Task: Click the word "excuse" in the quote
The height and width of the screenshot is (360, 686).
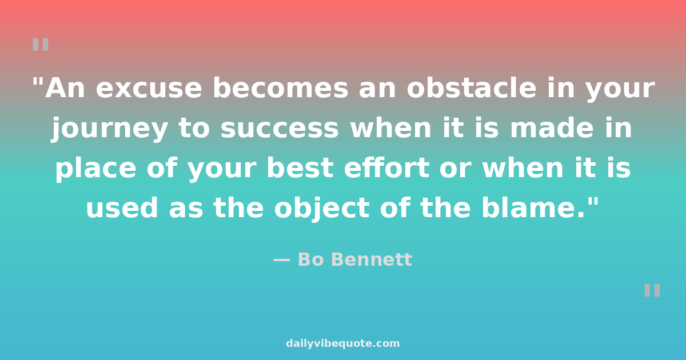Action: [149, 89]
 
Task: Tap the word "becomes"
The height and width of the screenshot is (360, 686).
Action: [281, 87]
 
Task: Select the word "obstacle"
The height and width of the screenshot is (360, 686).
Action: [472, 87]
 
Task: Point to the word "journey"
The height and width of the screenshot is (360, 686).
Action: [110, 129]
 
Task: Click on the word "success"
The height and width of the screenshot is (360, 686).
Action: [280, 129]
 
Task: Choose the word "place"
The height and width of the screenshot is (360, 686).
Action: [96, 169]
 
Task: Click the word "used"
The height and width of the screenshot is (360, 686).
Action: [122, 207]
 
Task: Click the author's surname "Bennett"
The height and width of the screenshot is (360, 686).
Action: [372, 259]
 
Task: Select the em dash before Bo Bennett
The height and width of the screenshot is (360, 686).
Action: [281, 260]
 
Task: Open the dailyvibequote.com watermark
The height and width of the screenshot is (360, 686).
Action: [342, 343]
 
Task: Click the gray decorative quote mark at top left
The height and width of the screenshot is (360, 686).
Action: [41, 45]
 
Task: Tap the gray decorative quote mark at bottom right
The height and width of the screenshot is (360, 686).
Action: [652, 290]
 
